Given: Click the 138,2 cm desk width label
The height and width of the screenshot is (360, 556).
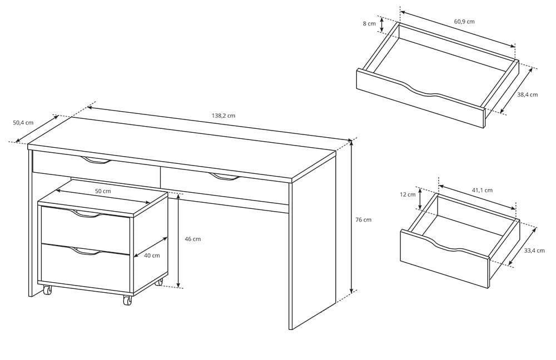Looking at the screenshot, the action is point(224,116).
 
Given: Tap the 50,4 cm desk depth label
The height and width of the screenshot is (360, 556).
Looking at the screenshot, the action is point(23,123).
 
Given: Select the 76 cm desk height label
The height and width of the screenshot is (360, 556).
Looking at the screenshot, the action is point(363,219).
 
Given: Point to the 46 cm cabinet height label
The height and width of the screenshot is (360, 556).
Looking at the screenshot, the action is point(192,239).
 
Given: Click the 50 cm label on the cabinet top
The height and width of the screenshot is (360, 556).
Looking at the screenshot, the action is point(103,191).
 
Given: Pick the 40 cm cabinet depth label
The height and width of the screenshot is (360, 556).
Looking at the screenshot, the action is point(152,256).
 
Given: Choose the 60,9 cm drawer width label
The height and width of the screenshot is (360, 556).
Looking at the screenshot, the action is point(464,22).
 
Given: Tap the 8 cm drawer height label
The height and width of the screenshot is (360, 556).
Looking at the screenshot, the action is point(369,24).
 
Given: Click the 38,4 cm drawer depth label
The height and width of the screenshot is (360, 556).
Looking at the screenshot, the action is point(527,94).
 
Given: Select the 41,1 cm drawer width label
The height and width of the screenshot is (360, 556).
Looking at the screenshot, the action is point(482,190).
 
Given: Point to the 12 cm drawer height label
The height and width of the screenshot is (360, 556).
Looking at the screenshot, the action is point(408,194).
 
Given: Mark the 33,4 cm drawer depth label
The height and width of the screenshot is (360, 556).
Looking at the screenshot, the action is point(534,251).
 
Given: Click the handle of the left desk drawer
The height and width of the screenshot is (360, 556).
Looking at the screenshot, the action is point(96,161).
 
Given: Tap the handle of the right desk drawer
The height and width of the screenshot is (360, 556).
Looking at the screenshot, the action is point(224,177).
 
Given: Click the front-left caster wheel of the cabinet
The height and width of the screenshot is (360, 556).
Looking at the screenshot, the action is point(47,290).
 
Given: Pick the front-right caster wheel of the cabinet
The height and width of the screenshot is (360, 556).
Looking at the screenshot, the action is point(127,301).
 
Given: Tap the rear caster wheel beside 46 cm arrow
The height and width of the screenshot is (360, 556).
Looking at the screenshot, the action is point(160,282).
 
